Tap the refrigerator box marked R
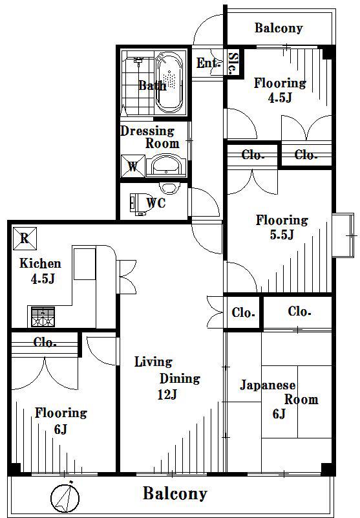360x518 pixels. tap(25, 238)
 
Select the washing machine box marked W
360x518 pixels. tap(133, 166)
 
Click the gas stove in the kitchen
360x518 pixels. tap(43, 317)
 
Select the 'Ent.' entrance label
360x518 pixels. tap(207, 63)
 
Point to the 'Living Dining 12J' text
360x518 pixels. tap(168, 378)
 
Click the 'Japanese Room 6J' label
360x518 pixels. tap(279, 399)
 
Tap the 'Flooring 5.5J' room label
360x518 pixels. tap(282, 227)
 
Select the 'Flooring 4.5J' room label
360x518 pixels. tap(280, 90)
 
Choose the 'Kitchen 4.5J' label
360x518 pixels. tap(41, 271)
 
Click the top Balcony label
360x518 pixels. tap(279, 28)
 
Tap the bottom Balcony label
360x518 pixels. tap(175, 493)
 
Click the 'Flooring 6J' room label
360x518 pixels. tap(61, 420)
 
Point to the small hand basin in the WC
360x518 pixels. tap(169, 188)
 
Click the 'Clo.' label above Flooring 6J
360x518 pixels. tap(45, 342)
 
